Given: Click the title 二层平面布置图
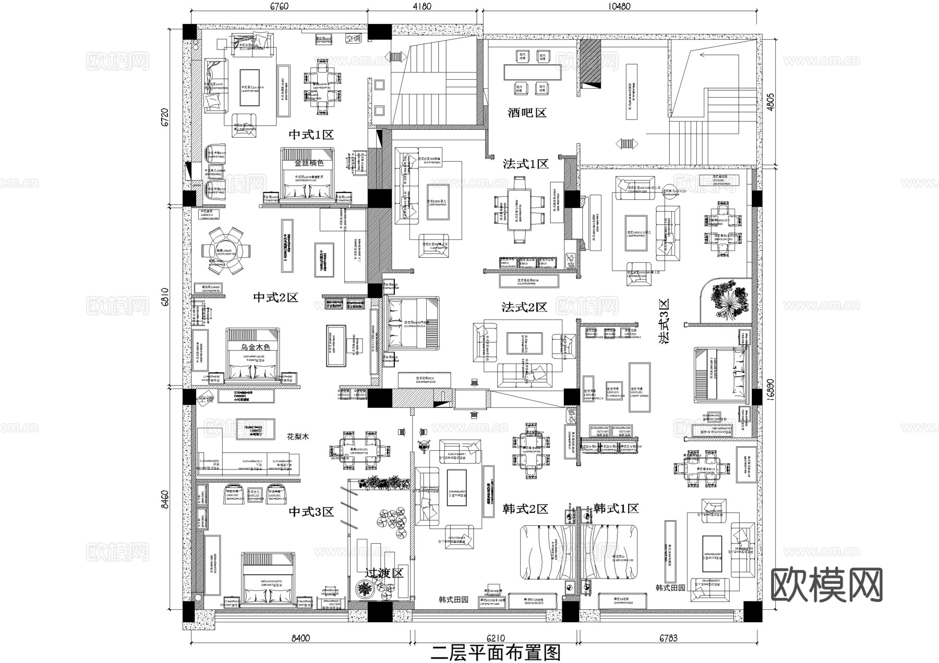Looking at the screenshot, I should [495, 653].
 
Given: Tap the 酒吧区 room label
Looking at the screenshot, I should [527, 112].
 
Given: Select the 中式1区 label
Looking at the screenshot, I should [311, 135].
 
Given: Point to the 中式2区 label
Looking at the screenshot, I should [275, 297].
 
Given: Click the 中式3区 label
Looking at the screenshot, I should [311, 512].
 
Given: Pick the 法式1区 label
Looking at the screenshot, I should [525, 164].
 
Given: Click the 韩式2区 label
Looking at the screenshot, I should [525, 509].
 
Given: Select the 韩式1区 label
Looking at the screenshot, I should [616, 508].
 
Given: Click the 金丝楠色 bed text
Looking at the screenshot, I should [309, 163].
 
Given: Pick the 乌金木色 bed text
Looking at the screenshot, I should [255, 347].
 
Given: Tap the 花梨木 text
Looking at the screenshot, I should [298, 437].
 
